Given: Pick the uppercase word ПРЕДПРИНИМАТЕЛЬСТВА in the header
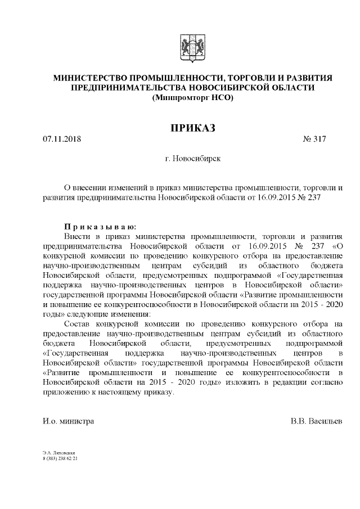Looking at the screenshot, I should [x=129, y=88].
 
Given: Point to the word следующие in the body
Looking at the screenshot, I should [x=93, y=314].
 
